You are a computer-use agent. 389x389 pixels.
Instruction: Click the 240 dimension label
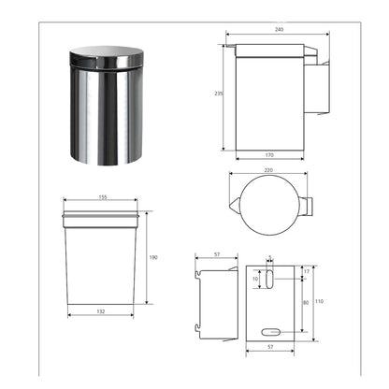[x=279, y=30]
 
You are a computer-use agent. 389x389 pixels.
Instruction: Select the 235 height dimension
[x=219, y=94]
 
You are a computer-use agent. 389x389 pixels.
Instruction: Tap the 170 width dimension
[x=269, y=155]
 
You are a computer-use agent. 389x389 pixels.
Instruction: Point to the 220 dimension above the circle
[x=268, y=170]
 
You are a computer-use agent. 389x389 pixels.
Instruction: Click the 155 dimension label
[x=103, y=197]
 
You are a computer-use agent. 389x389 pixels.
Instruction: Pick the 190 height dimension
[x=153, y=257]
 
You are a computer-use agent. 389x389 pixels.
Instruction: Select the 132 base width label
[x=101, y=311]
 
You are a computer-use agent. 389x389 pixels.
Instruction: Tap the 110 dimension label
[x=319, y=301]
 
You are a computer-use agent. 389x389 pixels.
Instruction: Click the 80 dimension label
[x=306, y=303]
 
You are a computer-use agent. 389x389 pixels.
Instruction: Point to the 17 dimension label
[x=307, y=272]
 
